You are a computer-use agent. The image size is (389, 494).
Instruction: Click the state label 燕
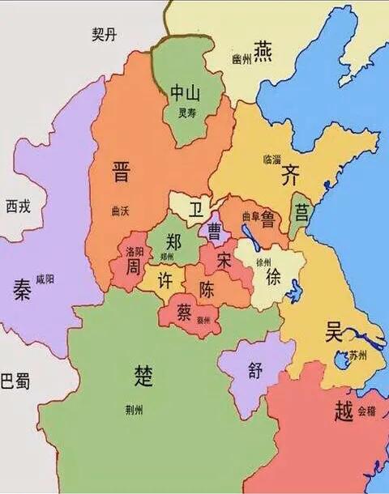pyautogui.click(x=263, y=51)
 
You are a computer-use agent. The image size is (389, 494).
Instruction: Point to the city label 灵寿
pyautogui.click(x=187, y=113)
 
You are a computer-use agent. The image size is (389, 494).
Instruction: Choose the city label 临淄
pyautogui.click(x=273, y=160)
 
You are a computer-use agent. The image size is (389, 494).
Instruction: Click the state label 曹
pyautogui.click(x=216, y=232)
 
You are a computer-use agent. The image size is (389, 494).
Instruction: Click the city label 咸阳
pyautogui.click(x=45, y=279)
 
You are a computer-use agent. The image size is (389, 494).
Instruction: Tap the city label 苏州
pyautogui.click(x=357, y=356)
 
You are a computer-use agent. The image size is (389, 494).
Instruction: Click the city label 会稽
pyautogui.click(x=366, y=411)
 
